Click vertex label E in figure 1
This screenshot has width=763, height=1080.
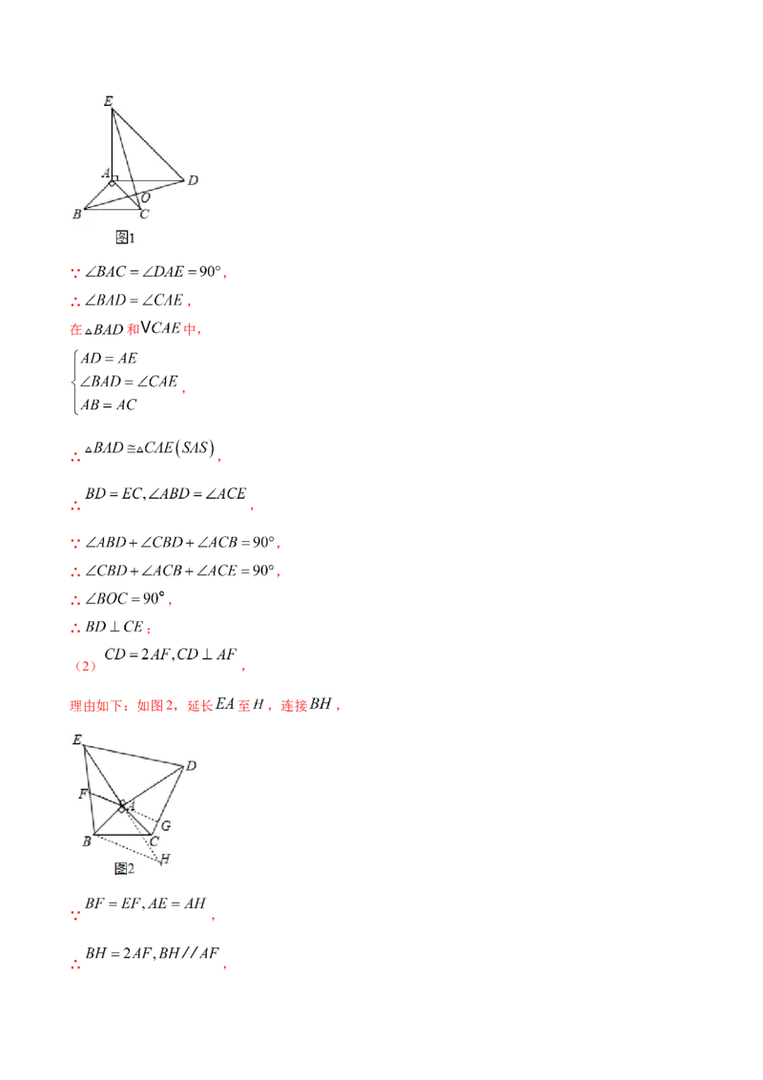tap(108, 100)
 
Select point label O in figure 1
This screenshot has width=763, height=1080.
tap(146, 197)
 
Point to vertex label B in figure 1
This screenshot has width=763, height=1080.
tap(76, 215)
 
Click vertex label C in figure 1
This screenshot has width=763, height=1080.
tap(144, 215)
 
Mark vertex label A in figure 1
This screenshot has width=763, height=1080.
tap(105, 173)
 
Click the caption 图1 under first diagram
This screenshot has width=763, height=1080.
tap(125, 237)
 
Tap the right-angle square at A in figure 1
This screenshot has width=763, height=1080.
tap(114, 178)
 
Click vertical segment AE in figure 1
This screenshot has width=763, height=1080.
tap(112, 143)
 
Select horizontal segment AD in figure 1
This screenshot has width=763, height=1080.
tap(148, 179)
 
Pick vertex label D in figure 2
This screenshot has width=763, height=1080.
tap(191, 765)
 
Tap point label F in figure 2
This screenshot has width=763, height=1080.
tap(84, 793)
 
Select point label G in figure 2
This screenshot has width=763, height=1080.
tap(165, 825)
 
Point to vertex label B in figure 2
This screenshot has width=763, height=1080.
tap(86, 841)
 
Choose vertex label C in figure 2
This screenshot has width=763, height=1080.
tap(154, 841)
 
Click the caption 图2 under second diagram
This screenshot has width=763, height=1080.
tap(124, 868)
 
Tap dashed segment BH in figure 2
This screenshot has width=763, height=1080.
tap(124, 848)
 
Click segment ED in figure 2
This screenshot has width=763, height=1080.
tap(134, 755)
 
